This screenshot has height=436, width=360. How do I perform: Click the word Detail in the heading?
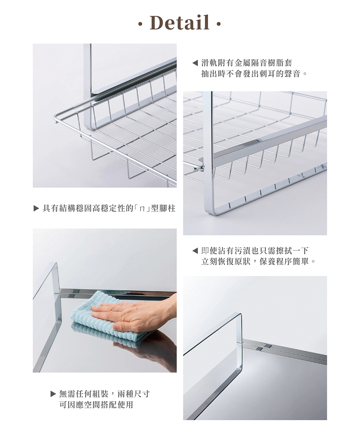click(x=180, y=23)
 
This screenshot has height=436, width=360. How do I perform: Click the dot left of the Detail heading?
click(x=141, y=25)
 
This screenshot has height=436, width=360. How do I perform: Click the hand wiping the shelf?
click(x=130, y=313)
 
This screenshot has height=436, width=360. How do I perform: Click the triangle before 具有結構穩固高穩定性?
click(x=36, y=208)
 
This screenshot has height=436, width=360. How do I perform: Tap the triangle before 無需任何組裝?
click(x=53, y=393)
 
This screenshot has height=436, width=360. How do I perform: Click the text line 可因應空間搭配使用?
click(x=96, y=405)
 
